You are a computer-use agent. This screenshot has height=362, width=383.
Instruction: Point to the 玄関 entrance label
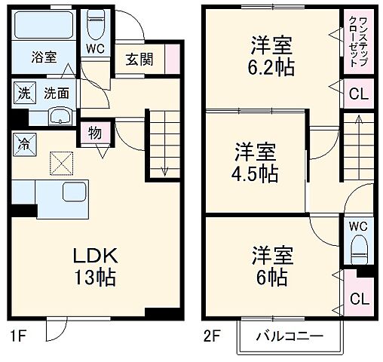[139, 60]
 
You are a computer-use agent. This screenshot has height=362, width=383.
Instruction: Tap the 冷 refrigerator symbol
[23, 141]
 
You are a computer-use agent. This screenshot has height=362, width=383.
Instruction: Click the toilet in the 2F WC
[357, 247]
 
